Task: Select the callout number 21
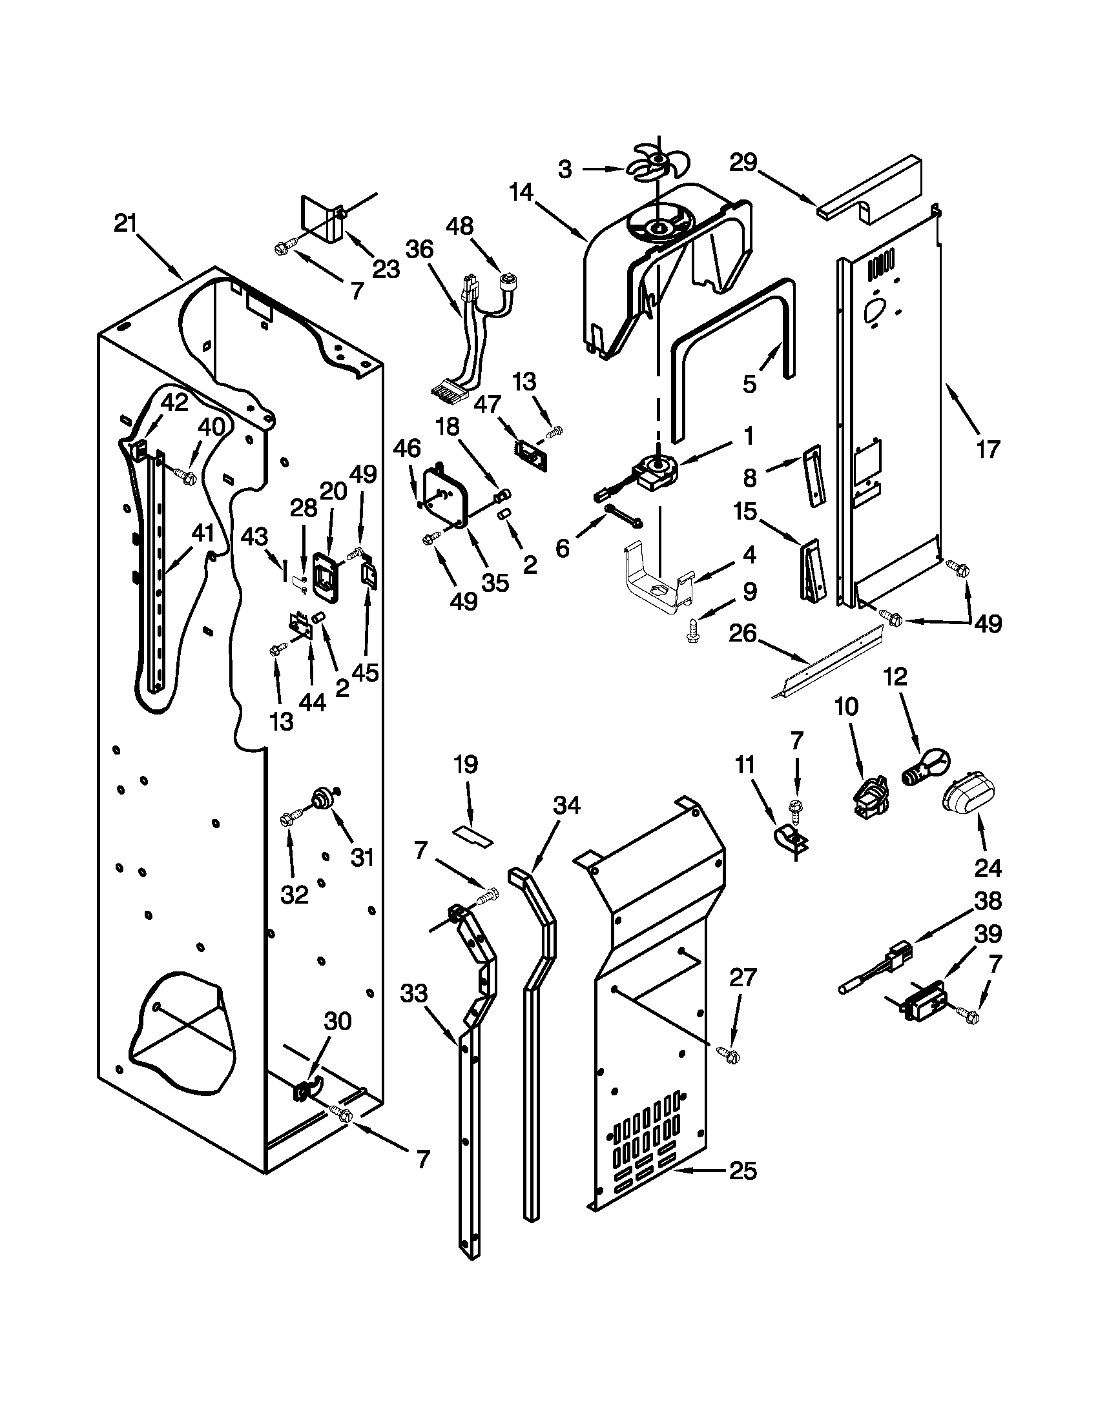tap(125, 224)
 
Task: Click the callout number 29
tap(743, 162)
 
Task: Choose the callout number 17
tap(988, 449)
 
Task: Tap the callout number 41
tap(202, 533)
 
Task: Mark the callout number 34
tap(566, 806)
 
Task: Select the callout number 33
tap(415, 993)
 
